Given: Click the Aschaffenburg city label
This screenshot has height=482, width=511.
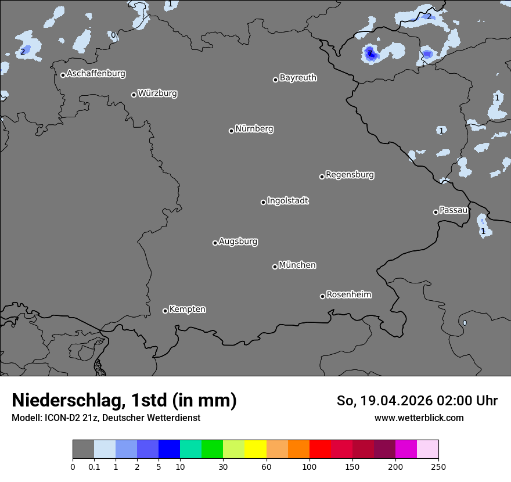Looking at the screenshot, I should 96,74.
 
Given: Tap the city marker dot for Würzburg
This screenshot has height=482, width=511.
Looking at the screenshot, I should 134,95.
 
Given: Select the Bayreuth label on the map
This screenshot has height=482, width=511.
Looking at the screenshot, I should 298,77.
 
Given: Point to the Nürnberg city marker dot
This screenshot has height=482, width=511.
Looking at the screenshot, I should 231,131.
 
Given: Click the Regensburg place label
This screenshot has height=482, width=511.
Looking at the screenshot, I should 350,174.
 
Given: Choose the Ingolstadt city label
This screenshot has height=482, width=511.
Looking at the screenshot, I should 287,200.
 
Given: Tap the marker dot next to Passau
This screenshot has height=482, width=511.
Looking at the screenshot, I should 436,212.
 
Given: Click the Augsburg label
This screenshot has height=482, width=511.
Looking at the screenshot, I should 238,241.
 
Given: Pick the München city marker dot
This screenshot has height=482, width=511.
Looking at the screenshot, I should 275,267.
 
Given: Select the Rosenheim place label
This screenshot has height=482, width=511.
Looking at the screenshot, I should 348,294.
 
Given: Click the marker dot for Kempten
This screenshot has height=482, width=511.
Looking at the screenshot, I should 165,311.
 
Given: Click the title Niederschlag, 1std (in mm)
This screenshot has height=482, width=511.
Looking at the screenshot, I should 124,400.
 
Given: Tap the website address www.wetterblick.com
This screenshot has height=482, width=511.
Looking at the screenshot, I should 419,418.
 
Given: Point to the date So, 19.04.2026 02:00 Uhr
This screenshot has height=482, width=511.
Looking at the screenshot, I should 417,401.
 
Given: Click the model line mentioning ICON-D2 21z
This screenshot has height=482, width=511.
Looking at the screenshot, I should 106,418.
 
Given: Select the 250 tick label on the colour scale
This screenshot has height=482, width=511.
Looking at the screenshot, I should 438,466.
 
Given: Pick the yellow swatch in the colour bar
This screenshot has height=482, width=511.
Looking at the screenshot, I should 255,449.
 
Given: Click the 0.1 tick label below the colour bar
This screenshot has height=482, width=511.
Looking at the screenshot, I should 94,466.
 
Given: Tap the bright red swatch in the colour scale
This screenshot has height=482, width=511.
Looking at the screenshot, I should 320,449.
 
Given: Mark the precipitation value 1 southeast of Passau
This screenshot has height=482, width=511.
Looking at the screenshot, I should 483,231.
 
